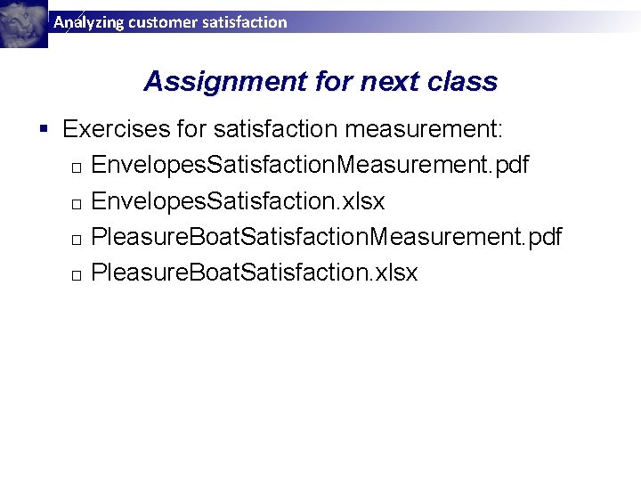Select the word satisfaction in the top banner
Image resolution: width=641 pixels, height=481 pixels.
(245, 22)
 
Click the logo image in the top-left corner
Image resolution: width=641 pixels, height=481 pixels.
(23, 23)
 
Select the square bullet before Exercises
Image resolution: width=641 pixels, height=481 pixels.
(45, 130)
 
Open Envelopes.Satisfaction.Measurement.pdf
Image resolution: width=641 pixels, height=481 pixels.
(310, 166)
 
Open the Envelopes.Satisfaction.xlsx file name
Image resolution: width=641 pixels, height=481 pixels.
(238, 201)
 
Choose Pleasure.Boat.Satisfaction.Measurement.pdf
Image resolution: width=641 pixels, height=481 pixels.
(327, 237)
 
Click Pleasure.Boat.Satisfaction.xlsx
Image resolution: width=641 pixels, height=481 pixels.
(255, 273)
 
